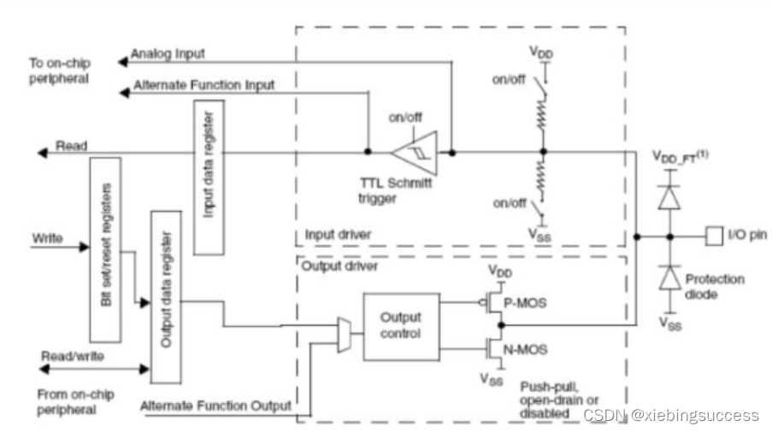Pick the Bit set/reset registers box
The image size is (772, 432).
(105, 248)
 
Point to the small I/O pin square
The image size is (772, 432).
(713, 236)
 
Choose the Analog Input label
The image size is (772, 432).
(168, 54)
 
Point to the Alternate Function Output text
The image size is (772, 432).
(215, 406)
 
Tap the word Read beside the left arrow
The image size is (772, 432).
(71, 147)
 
